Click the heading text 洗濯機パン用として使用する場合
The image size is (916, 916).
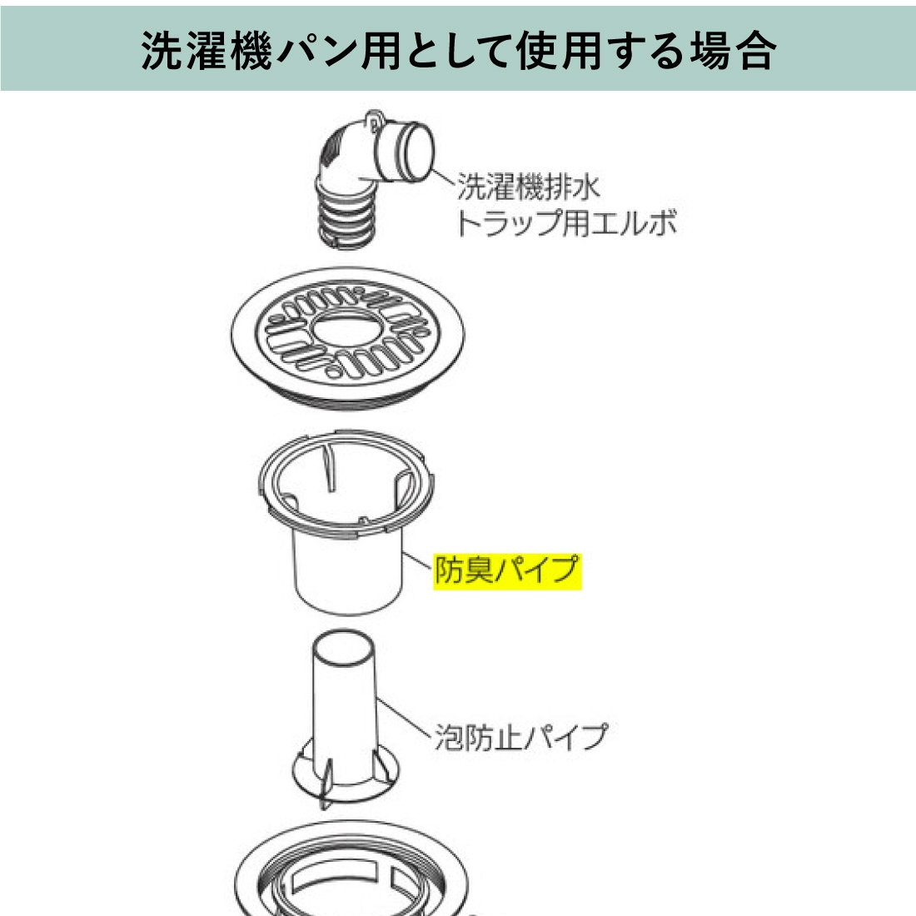coord(459,50)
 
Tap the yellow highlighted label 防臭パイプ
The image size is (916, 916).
coord(507,570)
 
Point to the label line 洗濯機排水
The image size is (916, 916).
coord(529,187)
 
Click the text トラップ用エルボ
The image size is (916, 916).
coord(566,223)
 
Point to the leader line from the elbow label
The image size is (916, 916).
coord(443,176)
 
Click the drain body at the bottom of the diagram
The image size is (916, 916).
coord(351,870)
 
